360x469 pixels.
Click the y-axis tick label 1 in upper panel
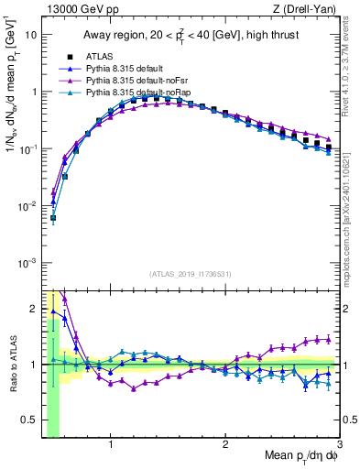coord(34,92)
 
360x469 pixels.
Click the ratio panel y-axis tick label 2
coord(34,308)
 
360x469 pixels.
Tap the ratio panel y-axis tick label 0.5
coord(30,421)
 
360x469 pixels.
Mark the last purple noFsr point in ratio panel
coord(328,339)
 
